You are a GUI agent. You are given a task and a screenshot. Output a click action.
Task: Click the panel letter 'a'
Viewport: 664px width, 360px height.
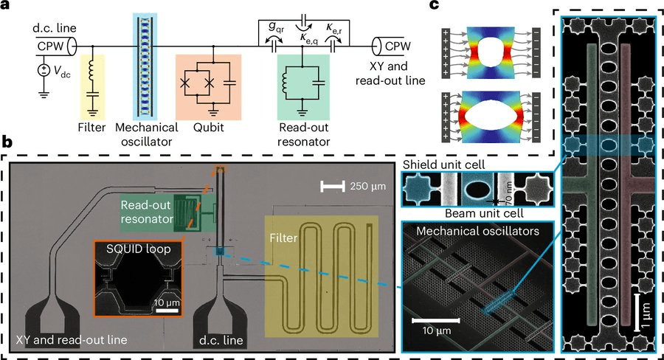(x=7, y=8)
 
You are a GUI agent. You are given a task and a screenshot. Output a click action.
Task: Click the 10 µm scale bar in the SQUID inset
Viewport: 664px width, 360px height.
(x=167, y=311)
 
